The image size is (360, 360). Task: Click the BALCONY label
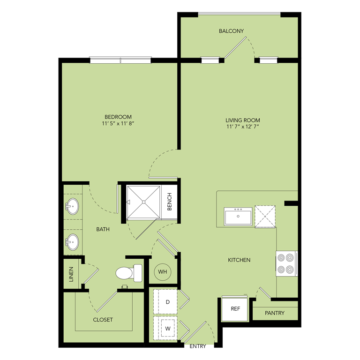(231, 31)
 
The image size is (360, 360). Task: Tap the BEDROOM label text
(118, 117)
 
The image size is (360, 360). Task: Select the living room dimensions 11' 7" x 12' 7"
(242, 127)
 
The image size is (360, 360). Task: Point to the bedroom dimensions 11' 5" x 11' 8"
(118, 124)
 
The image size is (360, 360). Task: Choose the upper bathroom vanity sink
(72, 207)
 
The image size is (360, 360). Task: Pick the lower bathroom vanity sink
(72, 242)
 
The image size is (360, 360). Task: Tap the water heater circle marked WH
(162, 271)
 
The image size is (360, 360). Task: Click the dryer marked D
(167, 302)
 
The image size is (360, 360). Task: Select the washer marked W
(167, 328)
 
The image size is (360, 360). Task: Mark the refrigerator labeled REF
(235, 309)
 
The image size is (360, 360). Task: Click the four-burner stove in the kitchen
(286, 263)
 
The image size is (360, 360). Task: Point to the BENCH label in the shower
(169, 202)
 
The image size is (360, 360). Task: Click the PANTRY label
(275, 313)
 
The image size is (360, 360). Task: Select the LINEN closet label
(72, 274)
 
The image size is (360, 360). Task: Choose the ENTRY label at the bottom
(198, 347)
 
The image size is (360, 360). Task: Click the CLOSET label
(103, 320)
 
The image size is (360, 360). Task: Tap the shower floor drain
(144, 202)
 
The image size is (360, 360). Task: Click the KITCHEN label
(239, 260)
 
